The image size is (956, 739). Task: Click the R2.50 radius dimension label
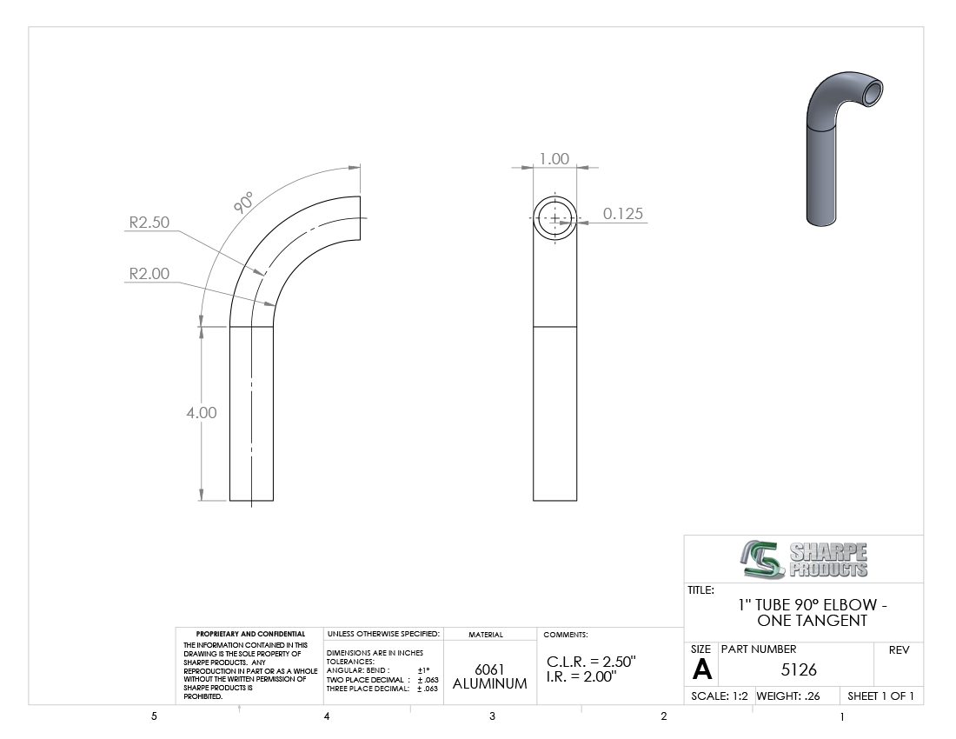click(149, 223)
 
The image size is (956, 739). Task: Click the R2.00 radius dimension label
click(149, 274)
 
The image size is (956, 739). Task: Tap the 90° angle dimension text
click(243, 203)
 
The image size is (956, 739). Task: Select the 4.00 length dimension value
click(202, 413)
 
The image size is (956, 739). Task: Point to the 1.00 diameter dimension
click(554, 159)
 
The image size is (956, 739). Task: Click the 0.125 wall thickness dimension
click(623, 213)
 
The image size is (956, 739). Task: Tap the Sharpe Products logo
click(804, 559)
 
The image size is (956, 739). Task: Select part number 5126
click(799, 670)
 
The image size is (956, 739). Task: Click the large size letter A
click(702, 670)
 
